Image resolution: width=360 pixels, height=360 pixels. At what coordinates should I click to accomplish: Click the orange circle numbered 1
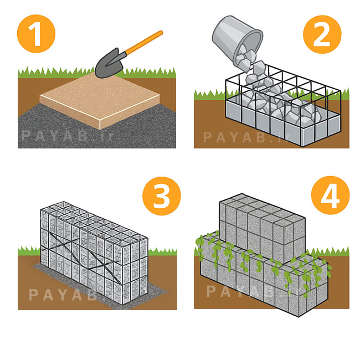pyautogui.click(x=36, y=34)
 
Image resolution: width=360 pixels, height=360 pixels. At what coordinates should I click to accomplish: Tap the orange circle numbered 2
pyautogui.click(x=322, y=34)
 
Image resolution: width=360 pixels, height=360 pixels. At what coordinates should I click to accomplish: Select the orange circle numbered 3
pyautogui.click(x=162, y=196)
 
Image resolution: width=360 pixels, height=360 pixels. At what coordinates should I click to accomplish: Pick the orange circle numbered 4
pyautogui.click(x=331, y=196)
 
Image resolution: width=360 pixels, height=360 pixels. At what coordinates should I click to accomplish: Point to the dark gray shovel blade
pyautogui.click(x=110, y=64)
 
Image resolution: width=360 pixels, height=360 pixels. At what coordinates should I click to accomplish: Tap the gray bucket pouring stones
pyautogui.click(x=237, y=40)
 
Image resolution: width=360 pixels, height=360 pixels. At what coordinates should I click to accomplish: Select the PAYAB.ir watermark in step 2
pyautogui.click(x=246, y=137)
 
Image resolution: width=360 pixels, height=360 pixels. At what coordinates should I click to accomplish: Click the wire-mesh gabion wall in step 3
pyautogui.click(x=94, y=253)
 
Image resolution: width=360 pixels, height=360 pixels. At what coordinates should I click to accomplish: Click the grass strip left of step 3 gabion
pyautogui.click(x=29, y=251)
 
